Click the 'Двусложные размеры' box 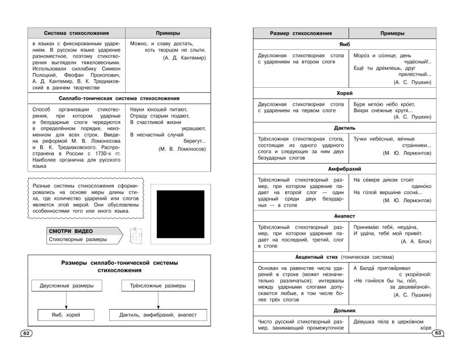point(63,287)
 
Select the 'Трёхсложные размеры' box point(146,287)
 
